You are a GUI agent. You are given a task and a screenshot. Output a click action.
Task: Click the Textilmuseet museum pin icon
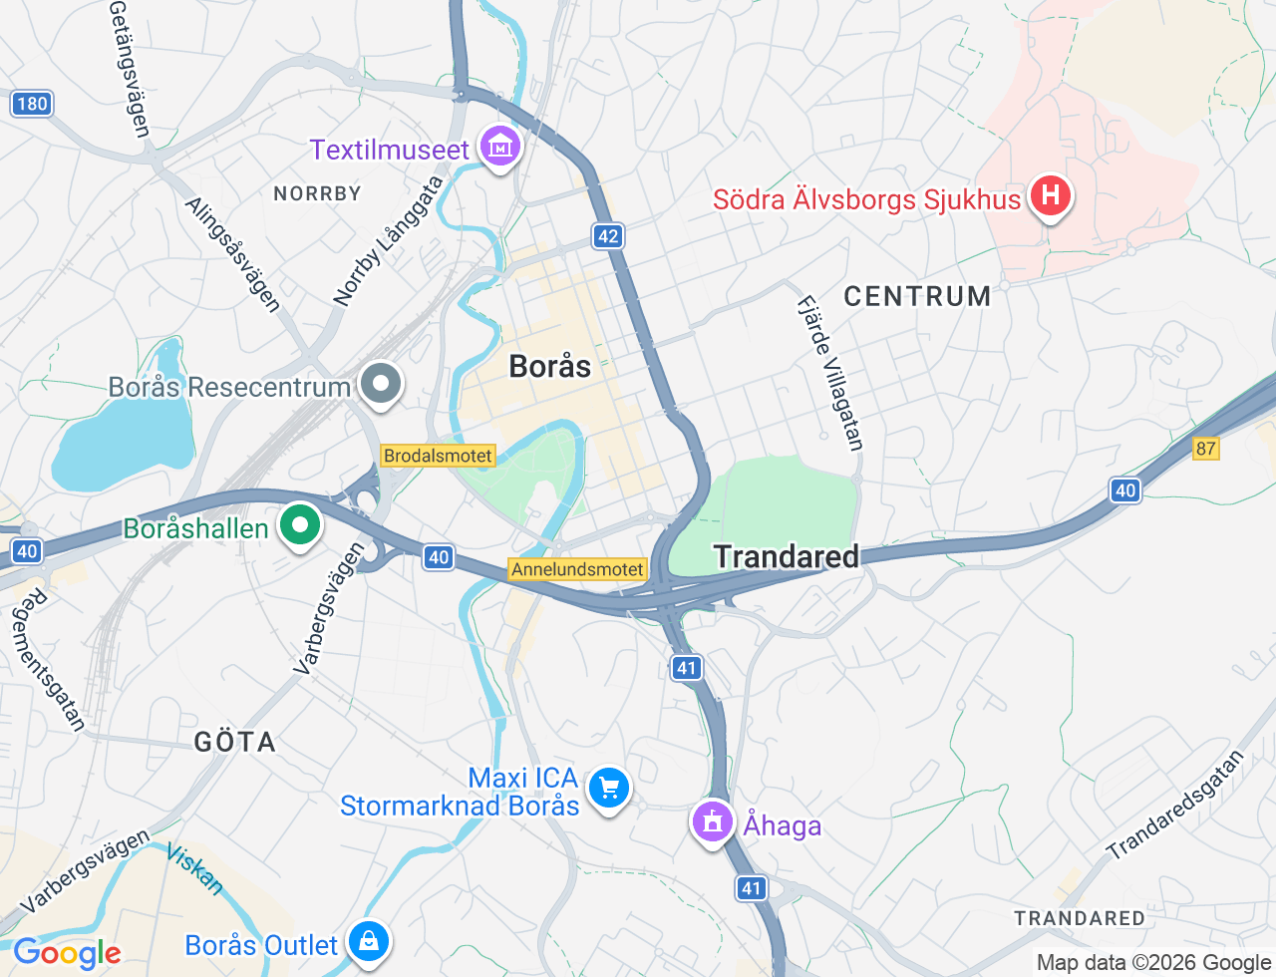point(499,148)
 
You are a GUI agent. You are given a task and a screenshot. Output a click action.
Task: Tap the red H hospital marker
point(1050,194)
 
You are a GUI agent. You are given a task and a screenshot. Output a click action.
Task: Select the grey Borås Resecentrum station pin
point(380,383)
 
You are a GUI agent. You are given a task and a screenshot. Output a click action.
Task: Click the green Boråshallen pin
point(299,524)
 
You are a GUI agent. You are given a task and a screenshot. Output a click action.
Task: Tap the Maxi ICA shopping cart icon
point(609,789)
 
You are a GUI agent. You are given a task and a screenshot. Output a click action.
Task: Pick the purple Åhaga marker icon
point(712,822)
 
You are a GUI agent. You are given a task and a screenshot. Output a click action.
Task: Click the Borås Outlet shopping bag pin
point(368,940)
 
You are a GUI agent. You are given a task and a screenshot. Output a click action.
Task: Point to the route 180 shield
point(32,104)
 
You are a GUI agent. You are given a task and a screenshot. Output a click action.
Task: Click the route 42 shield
point(607,236)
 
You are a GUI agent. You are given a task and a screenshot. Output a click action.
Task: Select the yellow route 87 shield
point(1205,448)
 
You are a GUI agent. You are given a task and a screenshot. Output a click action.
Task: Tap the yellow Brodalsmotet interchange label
point(438,456)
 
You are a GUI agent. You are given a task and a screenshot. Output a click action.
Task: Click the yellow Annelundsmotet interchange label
point(578,569)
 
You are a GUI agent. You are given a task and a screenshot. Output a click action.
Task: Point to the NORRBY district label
point(317,193)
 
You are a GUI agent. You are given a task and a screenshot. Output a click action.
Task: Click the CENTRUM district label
point(917,296)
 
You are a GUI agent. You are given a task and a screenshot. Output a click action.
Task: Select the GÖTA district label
point(235,742)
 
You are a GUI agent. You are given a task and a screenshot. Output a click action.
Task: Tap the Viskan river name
point(194,868)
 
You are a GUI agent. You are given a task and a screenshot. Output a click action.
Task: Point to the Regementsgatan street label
point(48,658)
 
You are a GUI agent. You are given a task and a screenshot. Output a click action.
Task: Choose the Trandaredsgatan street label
point(1176,806)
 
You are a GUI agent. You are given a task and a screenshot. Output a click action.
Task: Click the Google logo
point(67,953)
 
